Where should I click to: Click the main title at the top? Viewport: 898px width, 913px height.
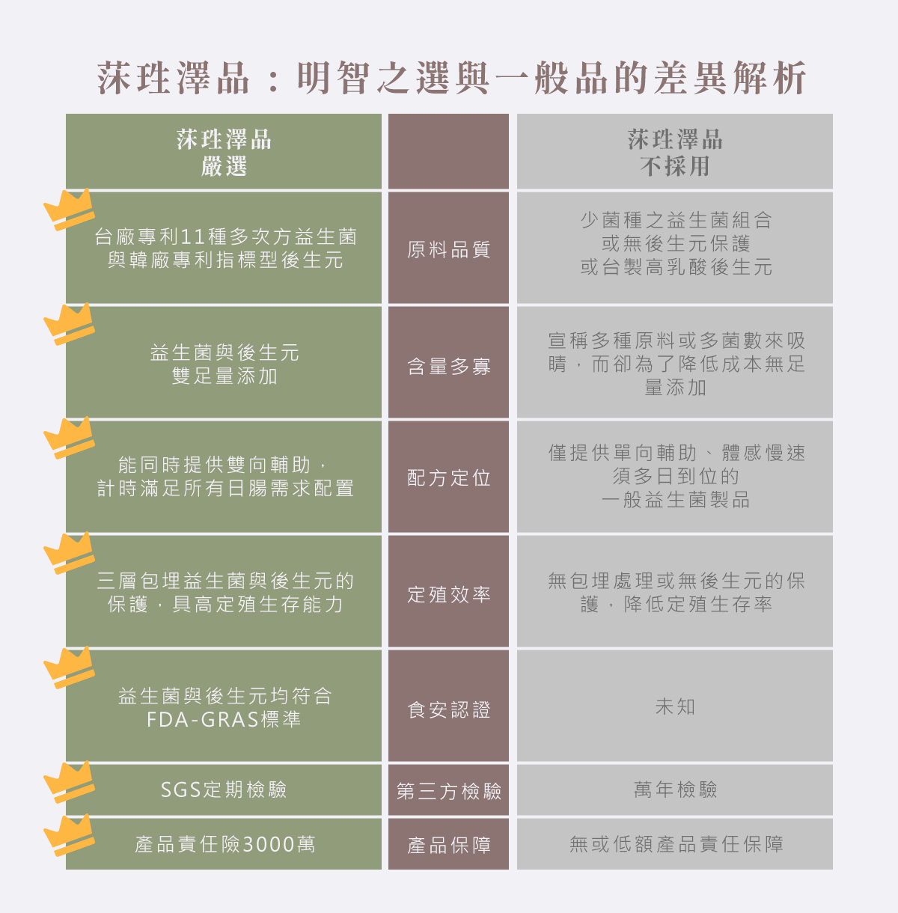coord(452,78)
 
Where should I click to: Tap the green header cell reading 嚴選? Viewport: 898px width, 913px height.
coord(224,152)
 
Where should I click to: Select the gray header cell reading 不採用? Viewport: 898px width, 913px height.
coord(674,152)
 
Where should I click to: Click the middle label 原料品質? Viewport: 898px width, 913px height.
coord(448,249)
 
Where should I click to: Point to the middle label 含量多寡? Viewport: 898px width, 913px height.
coord(448,366)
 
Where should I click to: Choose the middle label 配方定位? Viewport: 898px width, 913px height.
coord(448,477)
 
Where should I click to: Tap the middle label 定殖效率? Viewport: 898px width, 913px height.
coord(448,594)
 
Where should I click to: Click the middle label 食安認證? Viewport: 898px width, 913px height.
coord(448,709)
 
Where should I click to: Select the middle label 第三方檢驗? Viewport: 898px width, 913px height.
coord(448,790)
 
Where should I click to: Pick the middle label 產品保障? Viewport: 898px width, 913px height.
coord(448,845)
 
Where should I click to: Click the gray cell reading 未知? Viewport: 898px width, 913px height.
coord(674,706)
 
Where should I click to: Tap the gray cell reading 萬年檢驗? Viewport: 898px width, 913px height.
coord(674,790)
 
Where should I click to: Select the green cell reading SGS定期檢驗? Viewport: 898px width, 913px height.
coord(224,790)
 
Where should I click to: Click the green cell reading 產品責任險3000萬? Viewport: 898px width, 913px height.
coord(224,844)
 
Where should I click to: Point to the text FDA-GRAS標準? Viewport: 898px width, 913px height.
coord(224,720)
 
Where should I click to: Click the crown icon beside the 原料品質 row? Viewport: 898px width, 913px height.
coord(69,209)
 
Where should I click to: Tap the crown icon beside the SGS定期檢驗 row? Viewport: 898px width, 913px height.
coord(69,782)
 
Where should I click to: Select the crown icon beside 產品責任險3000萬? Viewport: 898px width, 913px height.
coord(69,834)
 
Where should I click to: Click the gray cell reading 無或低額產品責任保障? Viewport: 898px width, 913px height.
coord(676,844)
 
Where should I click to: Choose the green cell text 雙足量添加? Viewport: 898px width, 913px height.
coord(224,376)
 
